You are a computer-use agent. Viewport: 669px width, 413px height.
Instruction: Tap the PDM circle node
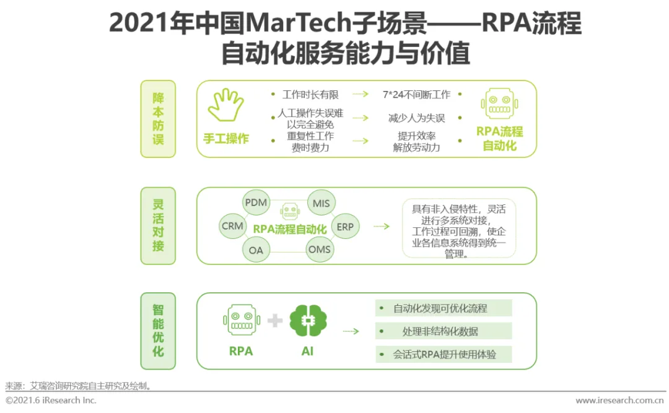pos(256,202)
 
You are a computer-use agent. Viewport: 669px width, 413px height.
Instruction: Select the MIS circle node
pos(321,203)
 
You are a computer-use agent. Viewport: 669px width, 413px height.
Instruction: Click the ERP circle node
pos(345,227)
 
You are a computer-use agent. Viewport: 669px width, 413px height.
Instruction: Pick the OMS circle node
pos(320,250)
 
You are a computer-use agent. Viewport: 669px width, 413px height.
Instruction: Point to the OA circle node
pos(256,250)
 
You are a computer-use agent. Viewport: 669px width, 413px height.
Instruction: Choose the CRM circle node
pos(232,227)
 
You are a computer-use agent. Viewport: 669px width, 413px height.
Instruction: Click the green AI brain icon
pos(308,320)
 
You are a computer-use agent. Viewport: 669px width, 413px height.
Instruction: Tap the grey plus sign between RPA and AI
pos(275,321)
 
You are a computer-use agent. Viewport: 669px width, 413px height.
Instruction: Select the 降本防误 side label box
pos(158,119)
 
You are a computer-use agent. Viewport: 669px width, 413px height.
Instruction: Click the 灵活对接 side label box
pos(158,225)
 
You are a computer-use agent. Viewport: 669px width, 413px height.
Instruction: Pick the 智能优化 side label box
pos(158,331)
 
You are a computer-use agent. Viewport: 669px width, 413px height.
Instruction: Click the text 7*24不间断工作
pos(416,95)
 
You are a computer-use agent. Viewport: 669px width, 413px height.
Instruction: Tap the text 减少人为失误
pos(416,118)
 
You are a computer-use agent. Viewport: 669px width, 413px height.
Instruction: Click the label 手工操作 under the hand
pos(225,139)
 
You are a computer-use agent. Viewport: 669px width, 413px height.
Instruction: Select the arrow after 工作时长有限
pos(361,95)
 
